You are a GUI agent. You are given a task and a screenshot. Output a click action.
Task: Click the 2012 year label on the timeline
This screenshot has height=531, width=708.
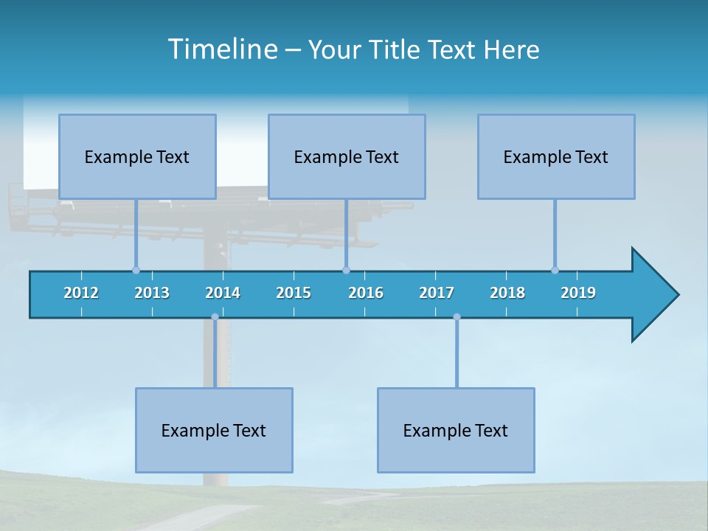pyautogui.click(x=81, y=293)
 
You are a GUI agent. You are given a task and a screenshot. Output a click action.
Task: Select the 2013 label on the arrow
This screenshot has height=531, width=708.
pyautogui.click(x=152, y=293)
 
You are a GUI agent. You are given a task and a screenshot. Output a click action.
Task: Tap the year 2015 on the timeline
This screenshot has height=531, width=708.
pyautogui.click(x=294, y=293)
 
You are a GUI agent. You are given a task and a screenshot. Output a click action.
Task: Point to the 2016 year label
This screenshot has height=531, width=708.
pyautogui.click(x=366, y=293)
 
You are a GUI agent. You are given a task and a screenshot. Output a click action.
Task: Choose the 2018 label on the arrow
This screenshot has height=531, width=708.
pyautogui.click(x=507, y=293)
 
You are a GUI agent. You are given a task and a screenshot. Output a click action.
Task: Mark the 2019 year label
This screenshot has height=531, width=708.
pyautogui.click(x=578, y=293)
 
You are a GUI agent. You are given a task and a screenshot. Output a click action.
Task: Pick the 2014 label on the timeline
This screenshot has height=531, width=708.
pyautogui.click(x=223, y=293)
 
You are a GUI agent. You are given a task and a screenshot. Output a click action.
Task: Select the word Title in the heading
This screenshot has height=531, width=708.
pyautogui.click(x=395, y=50)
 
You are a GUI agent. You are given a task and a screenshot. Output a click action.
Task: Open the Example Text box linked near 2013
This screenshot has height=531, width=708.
pyautogui.click(x=137, y=156)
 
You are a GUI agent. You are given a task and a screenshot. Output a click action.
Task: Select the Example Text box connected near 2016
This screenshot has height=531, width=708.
pyautogui.click(x=347, y=156)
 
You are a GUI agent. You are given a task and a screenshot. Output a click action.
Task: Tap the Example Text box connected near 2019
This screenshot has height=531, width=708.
pyautogui.click(x=556, y=156)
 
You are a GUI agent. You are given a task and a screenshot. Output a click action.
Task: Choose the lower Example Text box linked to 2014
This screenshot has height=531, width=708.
pyautogui.click(x=214, y=430)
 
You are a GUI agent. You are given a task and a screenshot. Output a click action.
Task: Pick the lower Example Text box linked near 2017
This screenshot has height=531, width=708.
pyautogui.click(x=456, y=430)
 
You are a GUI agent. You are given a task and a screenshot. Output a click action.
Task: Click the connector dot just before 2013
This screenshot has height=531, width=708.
pyautogui.click(x=136, y=270)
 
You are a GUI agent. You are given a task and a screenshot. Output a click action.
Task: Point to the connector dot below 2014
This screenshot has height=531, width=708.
pyautogui.click(x=215, y=317)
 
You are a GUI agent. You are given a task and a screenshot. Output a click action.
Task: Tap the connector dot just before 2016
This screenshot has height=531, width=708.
pyautogui.click(x=346, y=270)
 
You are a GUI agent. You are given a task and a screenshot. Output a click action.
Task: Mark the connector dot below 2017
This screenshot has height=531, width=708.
pyautogui.click(x=457, y=317)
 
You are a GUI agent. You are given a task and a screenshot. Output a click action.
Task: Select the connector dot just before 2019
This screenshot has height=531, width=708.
pyautogui.click(x=555, y=270)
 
